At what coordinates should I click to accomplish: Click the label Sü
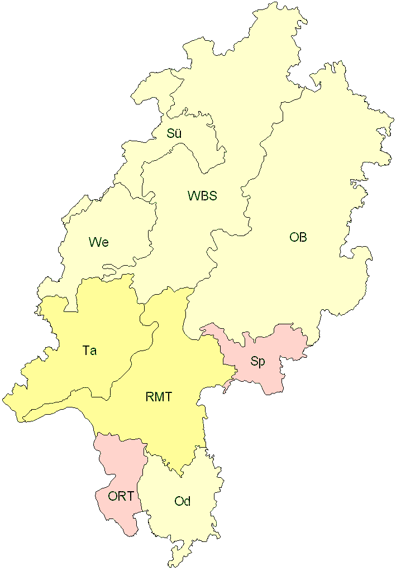(174, 134)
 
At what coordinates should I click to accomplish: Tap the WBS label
(202, 196)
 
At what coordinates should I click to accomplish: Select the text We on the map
(98, 242)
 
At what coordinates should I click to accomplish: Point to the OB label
(298, 237)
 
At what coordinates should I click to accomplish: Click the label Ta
(89, 351)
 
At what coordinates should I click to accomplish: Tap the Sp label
(257, 361)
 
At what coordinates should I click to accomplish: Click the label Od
(183, 501)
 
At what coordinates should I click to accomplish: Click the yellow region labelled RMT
(168, 363)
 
